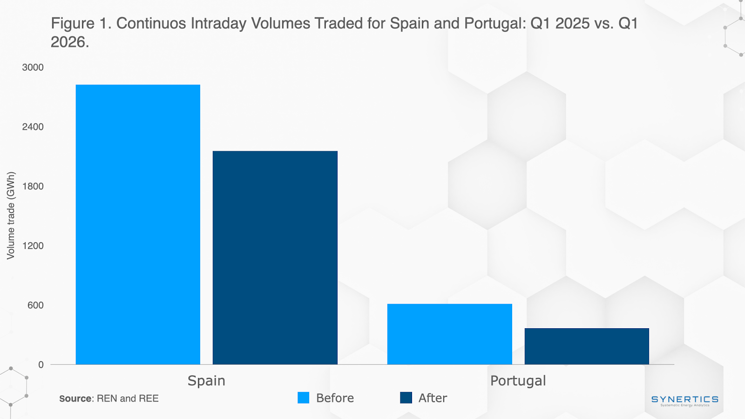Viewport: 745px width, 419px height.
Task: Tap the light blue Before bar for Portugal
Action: pyautogui.click(x=449, y=334)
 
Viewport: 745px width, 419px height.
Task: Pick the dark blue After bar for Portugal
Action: pyautogui.click(x=587, y=346)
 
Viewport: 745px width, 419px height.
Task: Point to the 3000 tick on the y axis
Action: pyautogui.click(x=33, y=68)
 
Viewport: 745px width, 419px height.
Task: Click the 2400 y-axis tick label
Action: pyautogui.click(x=33, y=127)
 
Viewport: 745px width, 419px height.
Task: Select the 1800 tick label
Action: pyautogui.click(x=33, y=187)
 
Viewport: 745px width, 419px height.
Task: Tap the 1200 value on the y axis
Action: pyautogui.click(x=33, y=246)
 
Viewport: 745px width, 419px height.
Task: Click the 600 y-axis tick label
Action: pyautogui.click(x=35, y=305)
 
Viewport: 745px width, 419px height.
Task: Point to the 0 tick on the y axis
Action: pyautogui.click(x=41, y=365)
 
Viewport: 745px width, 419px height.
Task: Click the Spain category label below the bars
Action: pyautogui.click(x=206, y=381)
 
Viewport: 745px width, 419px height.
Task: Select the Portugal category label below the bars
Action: pyautogui.click(x=518, y=381)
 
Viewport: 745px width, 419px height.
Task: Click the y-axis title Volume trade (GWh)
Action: pyautogui.click(x=11, y=216)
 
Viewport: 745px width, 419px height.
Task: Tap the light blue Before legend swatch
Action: pyautogui.click(x=303, y=398)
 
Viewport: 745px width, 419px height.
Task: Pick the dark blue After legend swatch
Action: pyautogui.click(x=406, y=398)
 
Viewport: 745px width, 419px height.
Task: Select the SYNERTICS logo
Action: pyautogui.click(x=684, y=400)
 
